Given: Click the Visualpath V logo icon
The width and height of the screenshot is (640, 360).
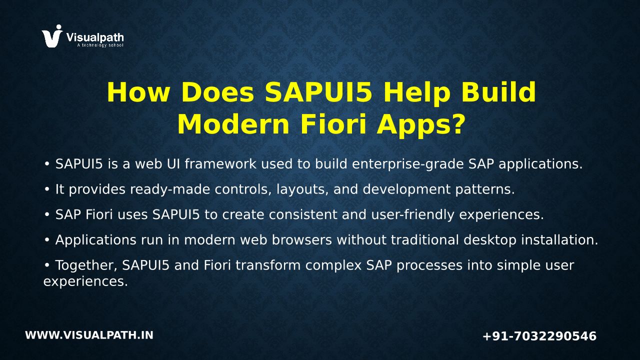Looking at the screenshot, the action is tap(52, 36).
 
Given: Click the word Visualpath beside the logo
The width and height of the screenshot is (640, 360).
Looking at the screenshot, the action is tap(95, 37).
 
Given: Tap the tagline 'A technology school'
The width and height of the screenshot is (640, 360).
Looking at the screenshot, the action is tap(100, 45).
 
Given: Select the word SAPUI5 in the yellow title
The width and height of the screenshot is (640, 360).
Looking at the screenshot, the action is tap(318, 92).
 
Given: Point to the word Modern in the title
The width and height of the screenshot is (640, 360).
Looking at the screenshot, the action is tap(233, 124).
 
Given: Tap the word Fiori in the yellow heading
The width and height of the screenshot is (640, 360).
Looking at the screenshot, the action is tap(333, 124).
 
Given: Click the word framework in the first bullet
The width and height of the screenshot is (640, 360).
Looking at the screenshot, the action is tap(220, 164).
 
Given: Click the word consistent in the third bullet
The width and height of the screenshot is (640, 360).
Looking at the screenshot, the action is tap(303, 215).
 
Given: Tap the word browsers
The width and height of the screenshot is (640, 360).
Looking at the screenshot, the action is tap(301, 240).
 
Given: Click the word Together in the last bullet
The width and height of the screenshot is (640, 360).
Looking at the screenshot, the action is tap(86, 265).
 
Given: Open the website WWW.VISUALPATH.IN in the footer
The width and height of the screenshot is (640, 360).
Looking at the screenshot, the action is tap(89, 335).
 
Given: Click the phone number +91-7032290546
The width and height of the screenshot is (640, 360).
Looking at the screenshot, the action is tap(539, 336).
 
